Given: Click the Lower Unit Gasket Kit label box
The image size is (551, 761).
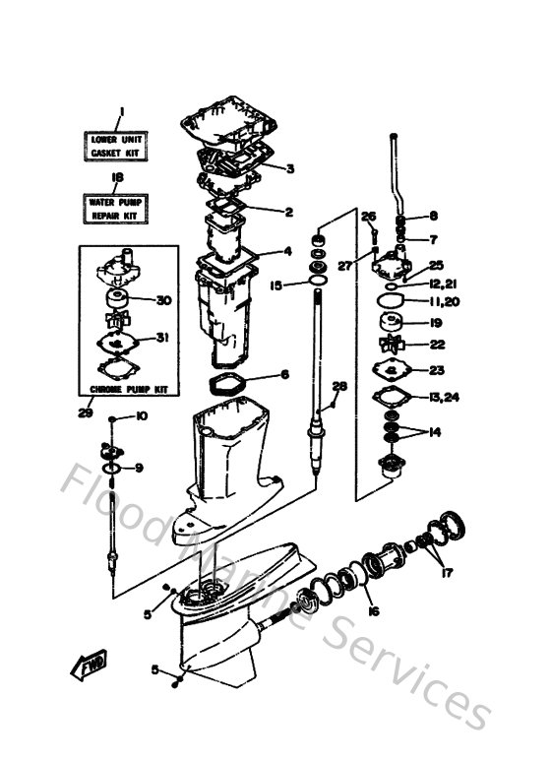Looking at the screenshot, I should point(117,147).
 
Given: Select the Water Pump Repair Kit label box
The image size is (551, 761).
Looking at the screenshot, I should point(117,207).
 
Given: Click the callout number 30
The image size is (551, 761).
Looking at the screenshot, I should point(163,300).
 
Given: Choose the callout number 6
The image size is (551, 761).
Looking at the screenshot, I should point(284,374).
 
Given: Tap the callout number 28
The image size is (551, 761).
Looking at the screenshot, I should point(339,385).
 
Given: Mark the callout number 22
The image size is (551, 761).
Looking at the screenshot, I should point(438,346).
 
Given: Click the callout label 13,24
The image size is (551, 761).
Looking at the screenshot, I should point(444,397).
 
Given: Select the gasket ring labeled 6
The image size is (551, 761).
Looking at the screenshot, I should point(236,382).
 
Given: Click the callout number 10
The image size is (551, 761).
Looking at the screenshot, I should point(142,417).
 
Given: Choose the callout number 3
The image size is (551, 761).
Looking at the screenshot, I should point(290,168).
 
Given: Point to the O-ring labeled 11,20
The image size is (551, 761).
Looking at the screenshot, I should point(392,299).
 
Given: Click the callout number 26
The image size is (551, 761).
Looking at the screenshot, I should point(369,217).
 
